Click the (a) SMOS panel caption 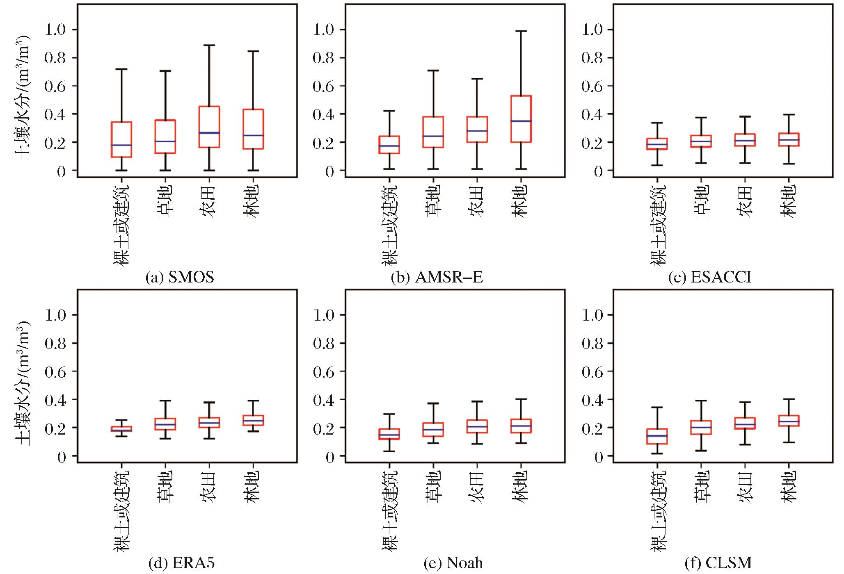click(x=180, y=278)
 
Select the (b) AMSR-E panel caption click(x=437, y=278)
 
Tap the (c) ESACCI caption click(x=709, y=278)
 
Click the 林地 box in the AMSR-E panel click(x=521, y=119)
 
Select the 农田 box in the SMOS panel click(x=209, y=127)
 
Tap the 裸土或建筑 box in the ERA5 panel click(x=121, y=429)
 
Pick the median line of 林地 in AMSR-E click(x=521, y=121)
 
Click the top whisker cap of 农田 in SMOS click(x=209, y=45)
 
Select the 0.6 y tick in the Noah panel click(x=324, y=371)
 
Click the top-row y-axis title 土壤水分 click(x=23, y=98)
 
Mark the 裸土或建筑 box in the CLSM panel click(x=657, y=436)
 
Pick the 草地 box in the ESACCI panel click(x=701, y=141)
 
